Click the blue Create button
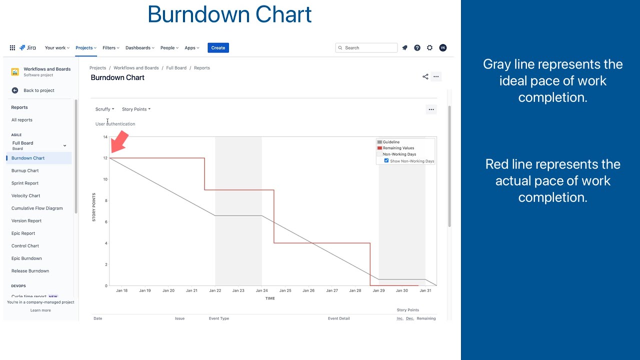point(218,48)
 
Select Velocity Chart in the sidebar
point(26,196)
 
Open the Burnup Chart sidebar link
point(25,171)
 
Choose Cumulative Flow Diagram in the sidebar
point(37,208)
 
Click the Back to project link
point(38,90)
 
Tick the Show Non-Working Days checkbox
point(386,161)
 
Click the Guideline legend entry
point(391,142)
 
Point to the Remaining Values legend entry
point(398,148)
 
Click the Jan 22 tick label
point(215,290)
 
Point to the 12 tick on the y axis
point(105,158)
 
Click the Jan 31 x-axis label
point(425,290)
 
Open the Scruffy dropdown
point(104,109)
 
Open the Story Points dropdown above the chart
point(136,109)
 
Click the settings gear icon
point(429,48)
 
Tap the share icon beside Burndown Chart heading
point(425,77)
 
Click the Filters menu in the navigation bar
point(110,48)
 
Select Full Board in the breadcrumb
point(176,68)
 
